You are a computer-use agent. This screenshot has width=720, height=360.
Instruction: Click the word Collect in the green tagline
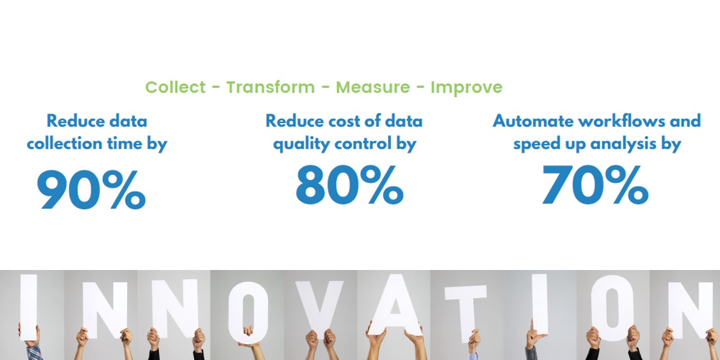pyautogui.click(x=175, y=87)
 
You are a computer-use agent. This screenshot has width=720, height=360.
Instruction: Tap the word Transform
pyautogui.click(x=271, y=87)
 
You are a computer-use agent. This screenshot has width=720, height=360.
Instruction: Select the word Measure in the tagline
pyautogui.click(x=373, y=87)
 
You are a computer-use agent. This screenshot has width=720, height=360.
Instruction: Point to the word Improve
pyautogui.click(x=466, y=88)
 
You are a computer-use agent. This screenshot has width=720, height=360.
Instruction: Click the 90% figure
pyautogui.click(x=92, y=190)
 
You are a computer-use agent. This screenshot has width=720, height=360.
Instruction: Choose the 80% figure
pyautogui.click(x=350, y=185)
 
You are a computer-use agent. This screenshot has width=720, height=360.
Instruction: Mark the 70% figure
pyautogui.click(x=595, y=185)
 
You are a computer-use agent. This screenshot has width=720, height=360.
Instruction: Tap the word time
pyautogui.click(x=125, y=143)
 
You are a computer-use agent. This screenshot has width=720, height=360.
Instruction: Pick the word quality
pyautogui.click(x=301, y=144)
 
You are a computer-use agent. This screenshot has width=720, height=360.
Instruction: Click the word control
pyautogui.click(x=363, y=143)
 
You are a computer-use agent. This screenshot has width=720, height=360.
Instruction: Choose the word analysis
pyautogui.click(x=624, y=144)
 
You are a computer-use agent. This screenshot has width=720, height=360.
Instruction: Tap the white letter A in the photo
pyautogui.click(x=395, y=304)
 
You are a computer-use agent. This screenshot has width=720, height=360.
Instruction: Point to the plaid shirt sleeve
pyautogui.click(x=34, y=353)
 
